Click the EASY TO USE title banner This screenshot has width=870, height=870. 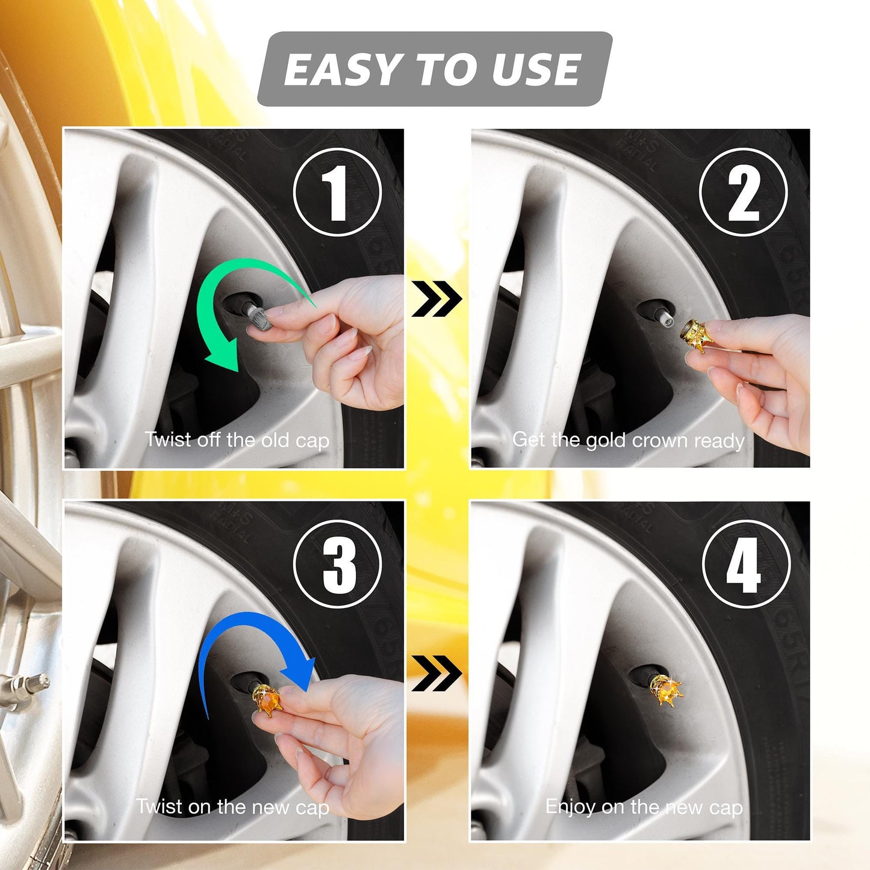pyautogui.click(x=434, y=69)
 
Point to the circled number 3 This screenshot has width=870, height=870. pyautogui.click(x=338, y=565)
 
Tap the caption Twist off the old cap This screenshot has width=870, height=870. pyautogui.click(x=237, y=440)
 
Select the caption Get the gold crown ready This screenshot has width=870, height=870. pyautogui.click(x=628, y=440)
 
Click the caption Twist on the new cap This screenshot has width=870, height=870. pyautogui.click(x=232, y=807)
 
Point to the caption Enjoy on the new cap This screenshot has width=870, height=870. pyautogui.click(x=644, y=807)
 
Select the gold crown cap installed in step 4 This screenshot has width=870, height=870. pyautogui.click(x=666, y=691)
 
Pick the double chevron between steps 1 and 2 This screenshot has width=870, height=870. pyautogui.click(x=437, y=299)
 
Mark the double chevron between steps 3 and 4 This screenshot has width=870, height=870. pyautogui.click(x=437, y=673)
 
